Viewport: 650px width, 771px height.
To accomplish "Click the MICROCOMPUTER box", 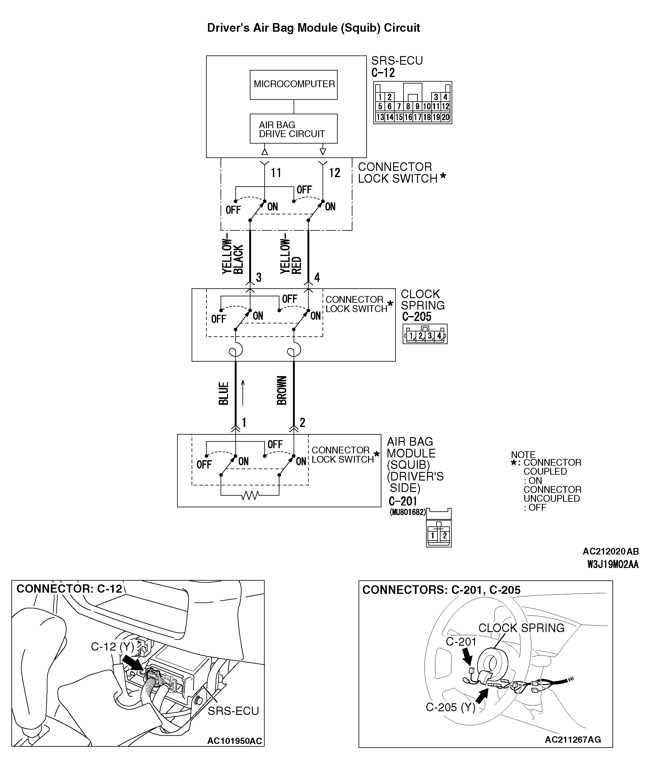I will pyautogui.click(x=294, y=84).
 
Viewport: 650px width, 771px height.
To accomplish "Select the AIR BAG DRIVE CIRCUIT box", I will pyautogui.click(x=294, y=129).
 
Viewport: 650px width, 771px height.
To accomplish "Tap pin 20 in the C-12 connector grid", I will pyautogui.click(x=445, y=117).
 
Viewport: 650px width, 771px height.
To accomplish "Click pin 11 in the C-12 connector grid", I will pyautogui.click(x=436, y=107).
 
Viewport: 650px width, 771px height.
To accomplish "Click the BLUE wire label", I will pyautogui.click(x=224, y=393).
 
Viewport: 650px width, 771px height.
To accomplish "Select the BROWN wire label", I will pyautogui.click(x=282, y=391).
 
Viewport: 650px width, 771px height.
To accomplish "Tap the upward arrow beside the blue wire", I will pyautogui.click(x=243, y=393).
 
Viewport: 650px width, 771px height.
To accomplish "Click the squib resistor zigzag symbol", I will pyautogui.click(x=250, y=496).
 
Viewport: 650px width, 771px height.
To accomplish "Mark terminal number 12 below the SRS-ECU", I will pyautogui.click(x=334, y=172).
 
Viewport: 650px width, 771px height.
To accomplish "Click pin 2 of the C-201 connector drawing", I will pyautogui.click(x=445, y=536).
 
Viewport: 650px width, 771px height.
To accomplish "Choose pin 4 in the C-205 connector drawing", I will pyautogui.click(x=439, y=335).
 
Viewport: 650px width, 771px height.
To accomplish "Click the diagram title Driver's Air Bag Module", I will pyautogui.click(x=313, y=28).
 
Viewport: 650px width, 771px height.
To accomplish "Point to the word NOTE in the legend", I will pyautogui.click(x=523, y=455).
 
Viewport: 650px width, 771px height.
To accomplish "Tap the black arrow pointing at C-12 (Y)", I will pyautogui.click(x=133, y=663).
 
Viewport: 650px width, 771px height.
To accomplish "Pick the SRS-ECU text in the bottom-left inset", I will pyautogui.click(x=233, y=711).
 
